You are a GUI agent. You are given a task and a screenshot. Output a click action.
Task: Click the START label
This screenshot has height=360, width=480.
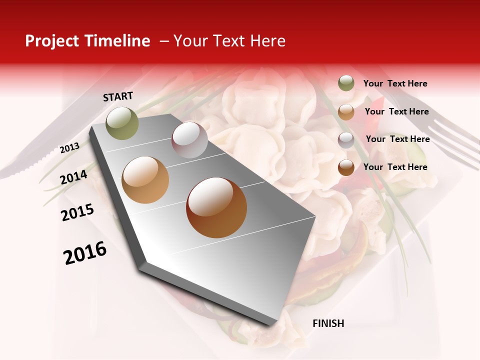118,96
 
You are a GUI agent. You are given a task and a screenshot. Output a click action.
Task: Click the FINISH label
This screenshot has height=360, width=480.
328,323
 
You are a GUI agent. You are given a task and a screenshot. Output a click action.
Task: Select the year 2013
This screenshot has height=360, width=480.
69,147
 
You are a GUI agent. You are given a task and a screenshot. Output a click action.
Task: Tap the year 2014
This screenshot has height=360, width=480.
73,177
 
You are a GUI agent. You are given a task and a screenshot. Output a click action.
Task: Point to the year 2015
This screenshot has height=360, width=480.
77,212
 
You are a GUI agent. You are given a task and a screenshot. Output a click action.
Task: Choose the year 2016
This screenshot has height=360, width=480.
85,252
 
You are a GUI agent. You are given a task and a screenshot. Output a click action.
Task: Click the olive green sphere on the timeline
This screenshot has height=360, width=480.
122,123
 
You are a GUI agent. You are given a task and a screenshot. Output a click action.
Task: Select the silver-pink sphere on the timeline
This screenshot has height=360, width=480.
189,140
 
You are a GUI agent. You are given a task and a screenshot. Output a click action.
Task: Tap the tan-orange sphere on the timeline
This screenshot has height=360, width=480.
145,180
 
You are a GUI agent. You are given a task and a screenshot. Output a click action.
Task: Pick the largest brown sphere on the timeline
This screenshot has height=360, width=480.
216,207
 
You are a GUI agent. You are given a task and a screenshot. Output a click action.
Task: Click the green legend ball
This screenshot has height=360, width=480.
346,83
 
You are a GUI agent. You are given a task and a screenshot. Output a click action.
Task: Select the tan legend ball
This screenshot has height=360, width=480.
346,111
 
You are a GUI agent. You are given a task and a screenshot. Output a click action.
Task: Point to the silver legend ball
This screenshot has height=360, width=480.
346,139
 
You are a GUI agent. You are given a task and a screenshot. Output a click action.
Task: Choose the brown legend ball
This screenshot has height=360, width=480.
346,167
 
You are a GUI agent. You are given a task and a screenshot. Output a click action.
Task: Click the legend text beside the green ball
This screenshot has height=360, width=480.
395,83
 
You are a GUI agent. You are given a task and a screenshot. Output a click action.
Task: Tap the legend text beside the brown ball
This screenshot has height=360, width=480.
395,167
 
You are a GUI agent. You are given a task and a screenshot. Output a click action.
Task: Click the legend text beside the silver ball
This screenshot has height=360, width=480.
397,139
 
